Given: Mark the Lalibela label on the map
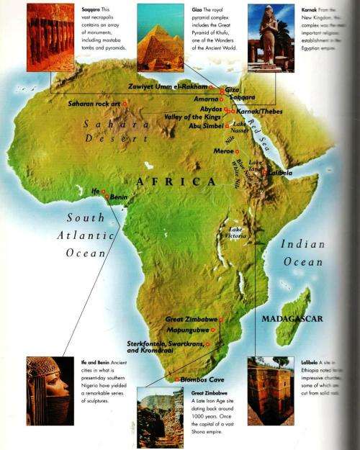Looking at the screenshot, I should (280, 174).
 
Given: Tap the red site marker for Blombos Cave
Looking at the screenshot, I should (176, 379).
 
